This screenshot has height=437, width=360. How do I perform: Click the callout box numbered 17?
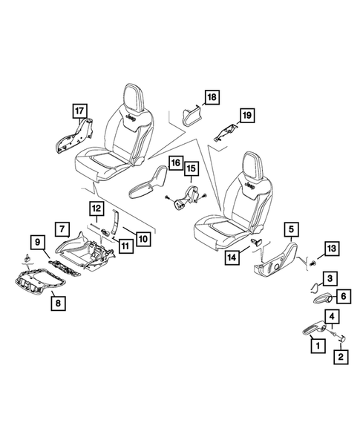pyautogui.click(x=79, y=112)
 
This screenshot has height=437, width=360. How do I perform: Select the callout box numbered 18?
pyautogui.click(x=211, y=98)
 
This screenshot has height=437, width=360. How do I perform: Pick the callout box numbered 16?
pyautogui.click(x=175, y=162)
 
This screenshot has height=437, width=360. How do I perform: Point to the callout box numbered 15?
pyautogui.click(x=191, y=171)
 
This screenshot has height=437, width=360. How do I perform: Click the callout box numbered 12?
pyautogui.click(x=97, y=209)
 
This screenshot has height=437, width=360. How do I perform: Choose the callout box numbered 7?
pyautogui.click(x=63, y=229)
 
